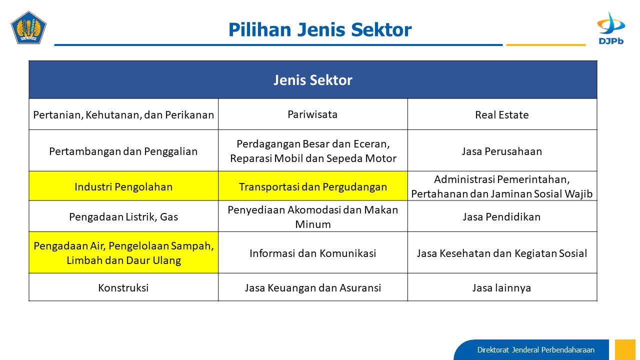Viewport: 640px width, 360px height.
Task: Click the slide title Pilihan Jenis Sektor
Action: (x=320, y=29)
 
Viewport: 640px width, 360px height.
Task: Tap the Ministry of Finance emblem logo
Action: (x=28, y=27)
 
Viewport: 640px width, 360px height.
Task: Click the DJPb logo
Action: (x=611, y=28)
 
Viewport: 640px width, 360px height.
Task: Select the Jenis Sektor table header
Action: (x=313, y=79)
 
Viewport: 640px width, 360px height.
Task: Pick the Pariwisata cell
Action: (x=313, y=114)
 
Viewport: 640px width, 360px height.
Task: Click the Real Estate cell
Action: (x=502, y=114)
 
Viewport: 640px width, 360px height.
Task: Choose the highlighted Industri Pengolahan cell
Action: (x=123, y=186)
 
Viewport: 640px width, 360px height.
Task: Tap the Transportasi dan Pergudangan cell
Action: (x=313, y=186)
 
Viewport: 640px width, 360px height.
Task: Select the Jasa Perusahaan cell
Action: (x=502, y=150)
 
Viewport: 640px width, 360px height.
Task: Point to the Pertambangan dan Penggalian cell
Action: (x=123, y=150)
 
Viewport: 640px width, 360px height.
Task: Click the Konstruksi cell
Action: (x=123, y=287)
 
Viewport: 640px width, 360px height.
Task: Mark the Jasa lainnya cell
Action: (x=502, y=287)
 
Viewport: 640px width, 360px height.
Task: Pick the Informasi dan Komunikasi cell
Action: (x=313, y=252)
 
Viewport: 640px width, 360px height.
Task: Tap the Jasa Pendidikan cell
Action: (x=502, y=216)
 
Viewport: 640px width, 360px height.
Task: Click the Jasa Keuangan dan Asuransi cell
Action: (x=313, y=287)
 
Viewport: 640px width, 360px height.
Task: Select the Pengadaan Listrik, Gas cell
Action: (x=123, y=216)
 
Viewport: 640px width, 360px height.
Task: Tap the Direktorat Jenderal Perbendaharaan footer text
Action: (x=535, y=350)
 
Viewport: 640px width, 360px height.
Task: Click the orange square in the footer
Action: (x=625, y=349)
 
